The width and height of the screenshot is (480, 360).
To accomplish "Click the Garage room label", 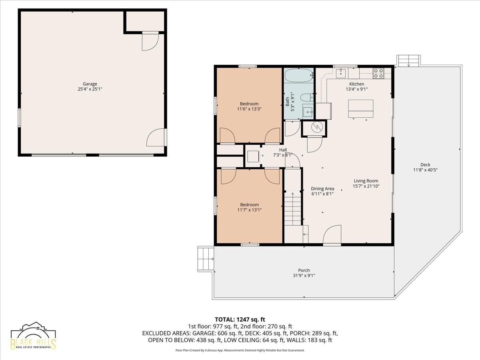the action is click(90, 84).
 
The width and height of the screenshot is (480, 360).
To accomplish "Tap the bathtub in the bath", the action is click(299, 76).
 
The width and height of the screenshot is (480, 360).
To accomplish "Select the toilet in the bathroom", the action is click(307, 97).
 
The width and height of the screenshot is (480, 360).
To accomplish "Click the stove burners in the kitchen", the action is click(378, 73).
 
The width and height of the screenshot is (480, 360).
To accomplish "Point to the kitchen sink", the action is click(341, 73).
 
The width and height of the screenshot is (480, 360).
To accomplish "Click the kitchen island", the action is click(361, 109).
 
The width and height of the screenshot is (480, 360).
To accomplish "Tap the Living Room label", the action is click(366, 181).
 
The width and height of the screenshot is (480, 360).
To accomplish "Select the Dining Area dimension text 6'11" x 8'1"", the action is click(322, 194).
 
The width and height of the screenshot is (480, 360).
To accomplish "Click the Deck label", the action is click(425, 164).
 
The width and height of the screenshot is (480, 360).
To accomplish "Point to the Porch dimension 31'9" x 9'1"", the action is click(304, 276).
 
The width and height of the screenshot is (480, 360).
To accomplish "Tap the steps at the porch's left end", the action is click(206, 259).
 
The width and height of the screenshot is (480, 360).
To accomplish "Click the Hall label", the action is click(283, 150).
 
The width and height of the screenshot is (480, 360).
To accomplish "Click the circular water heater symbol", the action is click(317, 127).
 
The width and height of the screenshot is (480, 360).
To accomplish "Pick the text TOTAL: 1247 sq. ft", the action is click(240, 319).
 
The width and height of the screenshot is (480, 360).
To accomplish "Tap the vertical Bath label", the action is click(287, 102).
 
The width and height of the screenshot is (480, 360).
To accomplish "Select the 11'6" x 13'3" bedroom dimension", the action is click(249, 109).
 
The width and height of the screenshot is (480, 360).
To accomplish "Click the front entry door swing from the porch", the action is click(332, 235).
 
